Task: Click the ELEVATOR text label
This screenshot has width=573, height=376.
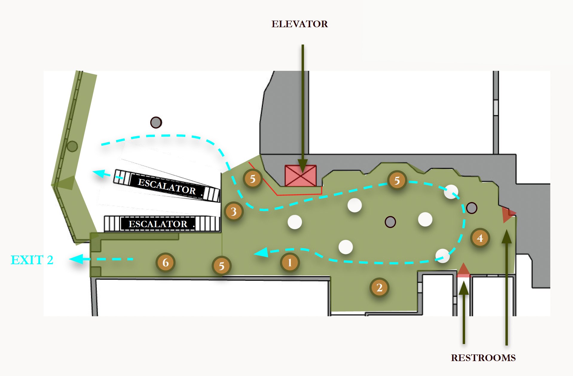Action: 300,24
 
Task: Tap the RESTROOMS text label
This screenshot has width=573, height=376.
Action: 483,358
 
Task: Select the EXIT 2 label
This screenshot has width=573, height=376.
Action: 32,260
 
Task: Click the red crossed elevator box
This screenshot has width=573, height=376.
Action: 300,176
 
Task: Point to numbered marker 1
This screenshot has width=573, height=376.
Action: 290,263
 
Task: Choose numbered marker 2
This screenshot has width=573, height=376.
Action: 379,288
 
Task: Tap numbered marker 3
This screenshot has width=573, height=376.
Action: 234,211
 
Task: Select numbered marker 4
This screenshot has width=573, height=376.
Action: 480,238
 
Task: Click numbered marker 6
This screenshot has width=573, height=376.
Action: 165,262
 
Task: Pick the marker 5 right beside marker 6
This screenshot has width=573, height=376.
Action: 221,266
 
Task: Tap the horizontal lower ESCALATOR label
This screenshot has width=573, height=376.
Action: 158,224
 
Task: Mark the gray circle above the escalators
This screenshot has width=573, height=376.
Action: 156,122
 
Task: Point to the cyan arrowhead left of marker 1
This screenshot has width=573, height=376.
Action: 261,253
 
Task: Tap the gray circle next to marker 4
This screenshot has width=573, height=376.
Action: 471,208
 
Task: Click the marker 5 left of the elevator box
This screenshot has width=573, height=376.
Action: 253,179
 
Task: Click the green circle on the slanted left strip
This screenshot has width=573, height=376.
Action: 72,146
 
